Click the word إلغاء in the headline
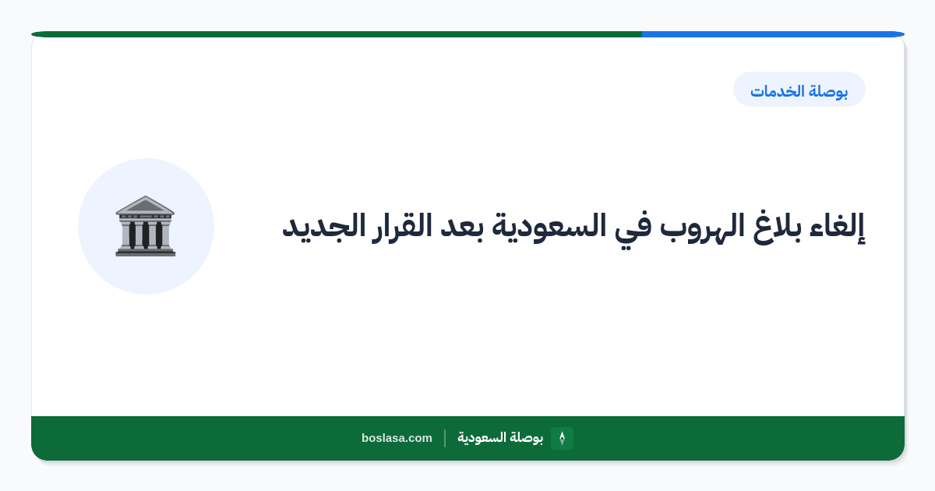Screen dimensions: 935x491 [x=837, y=226]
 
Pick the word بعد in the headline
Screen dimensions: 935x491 [x=461, y=226]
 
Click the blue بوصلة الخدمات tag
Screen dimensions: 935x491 [x=799, y=90]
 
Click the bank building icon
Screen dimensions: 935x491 [x=145, y=226]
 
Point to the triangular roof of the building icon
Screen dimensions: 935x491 [x=145, y=205]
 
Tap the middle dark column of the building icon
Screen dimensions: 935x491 [x=145, y=235]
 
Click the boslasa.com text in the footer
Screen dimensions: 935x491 [x=397, y=438]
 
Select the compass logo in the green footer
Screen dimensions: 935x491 [x=562, y=438]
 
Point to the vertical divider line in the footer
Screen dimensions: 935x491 [x=445, y=438]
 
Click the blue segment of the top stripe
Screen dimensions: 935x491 [x=773, y=34]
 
